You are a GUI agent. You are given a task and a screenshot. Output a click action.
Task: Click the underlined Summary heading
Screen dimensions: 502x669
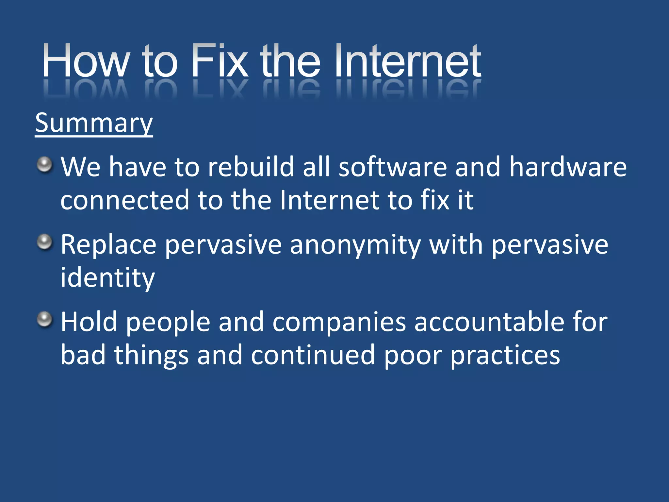click(x=94, y=123)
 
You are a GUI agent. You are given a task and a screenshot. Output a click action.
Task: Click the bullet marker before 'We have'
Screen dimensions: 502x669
click(x=44, y=164)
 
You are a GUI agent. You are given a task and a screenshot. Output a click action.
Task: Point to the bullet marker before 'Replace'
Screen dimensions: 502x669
click(x=44, y=242)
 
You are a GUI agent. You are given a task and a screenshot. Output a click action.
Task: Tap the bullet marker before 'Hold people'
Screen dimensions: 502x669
click(x=44, y=319)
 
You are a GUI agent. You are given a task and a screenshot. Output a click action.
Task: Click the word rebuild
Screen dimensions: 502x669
click(x=251, y=167)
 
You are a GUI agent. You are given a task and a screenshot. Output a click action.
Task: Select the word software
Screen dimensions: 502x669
click(x=392, y=167)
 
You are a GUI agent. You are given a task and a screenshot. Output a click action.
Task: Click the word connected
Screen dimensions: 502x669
click(x=125, y=200)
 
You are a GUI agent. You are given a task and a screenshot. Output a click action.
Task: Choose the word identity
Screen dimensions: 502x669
click(x=107, y=278)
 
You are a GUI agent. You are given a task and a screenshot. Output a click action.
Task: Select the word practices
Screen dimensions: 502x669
click(x=505, y=356)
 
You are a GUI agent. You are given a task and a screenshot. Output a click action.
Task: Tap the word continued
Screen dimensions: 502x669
click(x=313, y=356)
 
